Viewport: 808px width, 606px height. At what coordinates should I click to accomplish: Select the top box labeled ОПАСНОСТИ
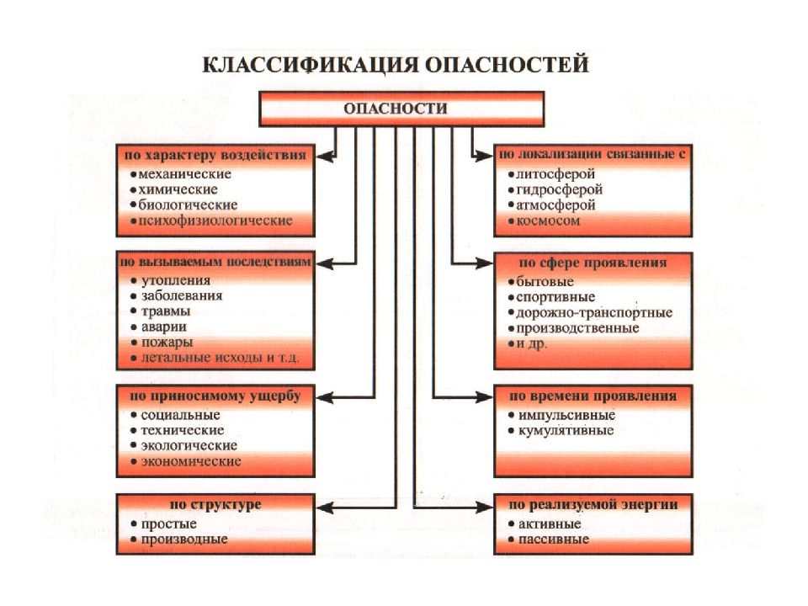pos(401,109)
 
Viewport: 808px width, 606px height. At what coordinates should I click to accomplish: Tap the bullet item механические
pos(184,174)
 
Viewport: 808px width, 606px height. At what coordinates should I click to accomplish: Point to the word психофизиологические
pos(215,221)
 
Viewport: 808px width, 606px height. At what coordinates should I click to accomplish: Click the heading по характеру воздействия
pos(215,155)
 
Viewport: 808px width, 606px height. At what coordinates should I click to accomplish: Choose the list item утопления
pos(176,280)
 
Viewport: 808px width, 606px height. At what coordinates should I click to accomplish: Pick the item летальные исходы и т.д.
pos(220,358)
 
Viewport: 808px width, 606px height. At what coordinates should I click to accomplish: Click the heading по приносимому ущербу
pos(215,396)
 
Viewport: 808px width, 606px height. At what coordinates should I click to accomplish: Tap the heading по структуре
pos(215,504)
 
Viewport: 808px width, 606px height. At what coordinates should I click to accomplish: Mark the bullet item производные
pos(184,540)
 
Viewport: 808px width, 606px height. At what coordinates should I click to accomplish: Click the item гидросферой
pos(559,190)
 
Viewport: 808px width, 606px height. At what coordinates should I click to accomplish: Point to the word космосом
pos(548,221)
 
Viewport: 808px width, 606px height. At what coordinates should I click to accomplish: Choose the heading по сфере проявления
pos(593,263)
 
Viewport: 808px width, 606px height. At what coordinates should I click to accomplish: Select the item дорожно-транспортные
pos(594,313)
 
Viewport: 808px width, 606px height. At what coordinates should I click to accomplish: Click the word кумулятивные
pos(566,430)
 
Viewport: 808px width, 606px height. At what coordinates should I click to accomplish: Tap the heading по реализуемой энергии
pos(593,504)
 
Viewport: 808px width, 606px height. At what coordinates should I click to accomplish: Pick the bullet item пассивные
pos(554,540)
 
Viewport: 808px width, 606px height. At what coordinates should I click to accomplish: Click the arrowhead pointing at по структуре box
pos(324,508)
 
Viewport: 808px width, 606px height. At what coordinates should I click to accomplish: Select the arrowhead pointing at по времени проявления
pos(484,396)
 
